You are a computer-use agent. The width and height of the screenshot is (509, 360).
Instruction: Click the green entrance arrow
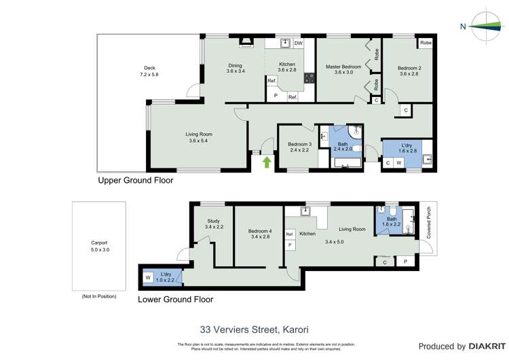267,162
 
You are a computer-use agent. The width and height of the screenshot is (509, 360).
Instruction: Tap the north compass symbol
483,26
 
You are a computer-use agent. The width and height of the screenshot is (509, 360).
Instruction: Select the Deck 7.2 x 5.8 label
149,71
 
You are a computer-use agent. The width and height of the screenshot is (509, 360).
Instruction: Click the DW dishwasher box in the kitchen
298,43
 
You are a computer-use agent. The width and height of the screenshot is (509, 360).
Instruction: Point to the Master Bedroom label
343,69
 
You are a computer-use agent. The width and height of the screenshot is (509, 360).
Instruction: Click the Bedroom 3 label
299,147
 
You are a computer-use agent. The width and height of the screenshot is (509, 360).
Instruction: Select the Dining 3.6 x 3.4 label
235,68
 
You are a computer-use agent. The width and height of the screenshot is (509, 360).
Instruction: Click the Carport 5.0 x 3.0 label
100,246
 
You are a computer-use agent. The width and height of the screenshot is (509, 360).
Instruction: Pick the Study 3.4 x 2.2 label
214,223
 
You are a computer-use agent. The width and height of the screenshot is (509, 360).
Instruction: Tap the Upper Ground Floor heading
136,181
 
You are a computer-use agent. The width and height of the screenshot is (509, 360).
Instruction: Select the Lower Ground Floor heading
175,299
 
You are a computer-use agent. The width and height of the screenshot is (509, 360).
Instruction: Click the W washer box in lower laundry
147,277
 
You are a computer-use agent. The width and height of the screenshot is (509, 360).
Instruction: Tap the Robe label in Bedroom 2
426,43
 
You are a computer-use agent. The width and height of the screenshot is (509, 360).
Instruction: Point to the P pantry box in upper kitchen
276,96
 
